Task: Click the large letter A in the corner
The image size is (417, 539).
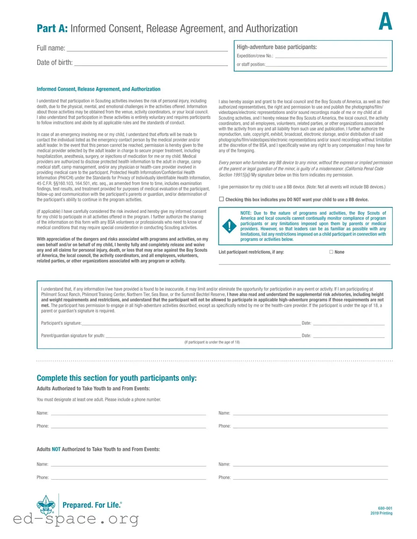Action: [385, 21]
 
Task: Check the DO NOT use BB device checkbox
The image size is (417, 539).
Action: [222, 199]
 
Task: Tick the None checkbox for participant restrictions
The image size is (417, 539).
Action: [331, 252]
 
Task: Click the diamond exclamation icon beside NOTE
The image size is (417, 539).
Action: [229, 227]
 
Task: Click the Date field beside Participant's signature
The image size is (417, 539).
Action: [348, 324]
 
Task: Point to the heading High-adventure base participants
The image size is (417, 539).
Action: [277, 47]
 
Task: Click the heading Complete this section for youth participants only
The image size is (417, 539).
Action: [116, 378]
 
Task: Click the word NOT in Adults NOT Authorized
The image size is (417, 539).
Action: [56, 449]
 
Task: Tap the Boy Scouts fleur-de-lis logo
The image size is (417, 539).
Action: [46, 505]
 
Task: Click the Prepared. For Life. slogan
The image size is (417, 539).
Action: [92, 505]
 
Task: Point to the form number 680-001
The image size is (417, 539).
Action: [385, 508]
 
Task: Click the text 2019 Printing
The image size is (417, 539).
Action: [381, 513]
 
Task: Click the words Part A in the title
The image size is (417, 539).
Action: [52, 28]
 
